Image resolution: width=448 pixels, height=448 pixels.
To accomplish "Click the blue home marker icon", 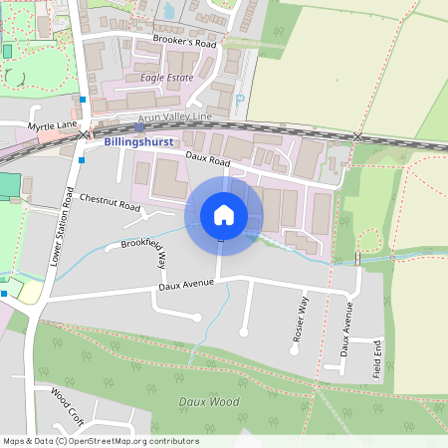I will [224, 215].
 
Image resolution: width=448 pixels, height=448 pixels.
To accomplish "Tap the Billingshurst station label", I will [138, 142].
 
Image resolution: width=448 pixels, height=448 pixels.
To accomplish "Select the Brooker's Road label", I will [184, 41].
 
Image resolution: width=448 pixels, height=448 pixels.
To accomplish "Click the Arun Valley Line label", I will [174, 117].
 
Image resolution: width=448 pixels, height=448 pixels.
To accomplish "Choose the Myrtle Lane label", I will [52, 125].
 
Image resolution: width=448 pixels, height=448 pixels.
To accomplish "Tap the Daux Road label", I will [207, 158].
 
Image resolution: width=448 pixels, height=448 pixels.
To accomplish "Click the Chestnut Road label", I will [110, 202].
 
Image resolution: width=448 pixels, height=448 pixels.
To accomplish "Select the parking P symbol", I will [241, 100].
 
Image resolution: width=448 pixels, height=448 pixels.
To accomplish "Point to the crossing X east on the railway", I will [357, 136].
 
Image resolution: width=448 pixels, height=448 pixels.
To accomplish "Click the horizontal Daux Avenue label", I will [186, 287].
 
